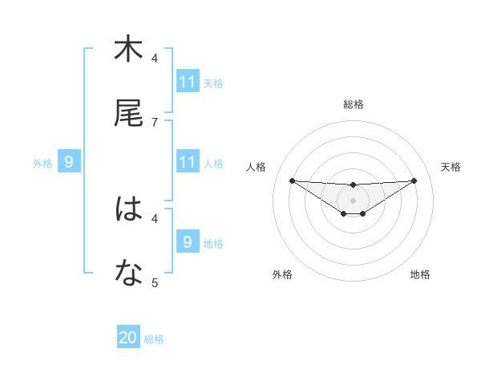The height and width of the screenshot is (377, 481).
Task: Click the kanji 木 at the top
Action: click(128, 50)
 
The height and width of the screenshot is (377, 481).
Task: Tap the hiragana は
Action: click(128, 209)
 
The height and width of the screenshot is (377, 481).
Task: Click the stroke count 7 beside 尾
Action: click(155, 122)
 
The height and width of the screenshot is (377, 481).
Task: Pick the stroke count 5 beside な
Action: click(155, 282)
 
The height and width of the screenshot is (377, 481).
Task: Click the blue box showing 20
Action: click(128, 338)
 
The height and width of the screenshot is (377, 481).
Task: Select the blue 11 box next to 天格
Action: click(188, 82)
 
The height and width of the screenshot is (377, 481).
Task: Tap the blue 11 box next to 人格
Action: click(188, 162)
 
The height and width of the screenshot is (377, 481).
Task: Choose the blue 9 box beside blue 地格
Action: click(188, 242)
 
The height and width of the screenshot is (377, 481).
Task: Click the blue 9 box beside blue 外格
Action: click(69, 162)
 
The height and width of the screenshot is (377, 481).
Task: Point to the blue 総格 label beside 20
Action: click(154, 339)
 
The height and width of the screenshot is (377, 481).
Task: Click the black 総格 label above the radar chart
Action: click(354, 104)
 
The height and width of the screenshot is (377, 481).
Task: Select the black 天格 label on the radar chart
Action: click(451, 167)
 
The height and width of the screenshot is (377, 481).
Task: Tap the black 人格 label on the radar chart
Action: click(257, 167)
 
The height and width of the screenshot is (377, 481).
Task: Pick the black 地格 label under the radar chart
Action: click(420, 274)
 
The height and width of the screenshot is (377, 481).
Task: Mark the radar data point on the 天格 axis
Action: click(414, 180)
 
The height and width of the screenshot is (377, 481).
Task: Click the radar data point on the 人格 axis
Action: click(292, 180)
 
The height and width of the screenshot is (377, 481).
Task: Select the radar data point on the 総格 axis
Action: click(354, 185)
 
